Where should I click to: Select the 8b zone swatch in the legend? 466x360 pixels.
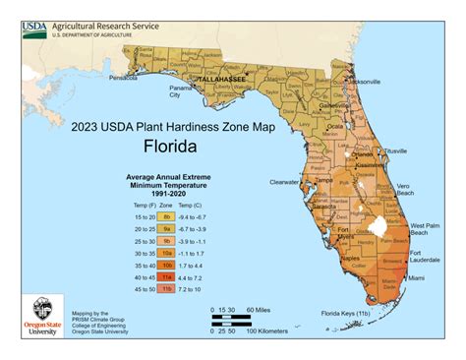coord(166,215)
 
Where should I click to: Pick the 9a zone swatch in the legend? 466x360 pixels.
coord(166,228)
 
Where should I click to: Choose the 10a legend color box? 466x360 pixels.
coord(166,253)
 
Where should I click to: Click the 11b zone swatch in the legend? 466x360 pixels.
coord(166,289)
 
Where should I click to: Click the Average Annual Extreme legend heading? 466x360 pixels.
coord(167,181)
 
